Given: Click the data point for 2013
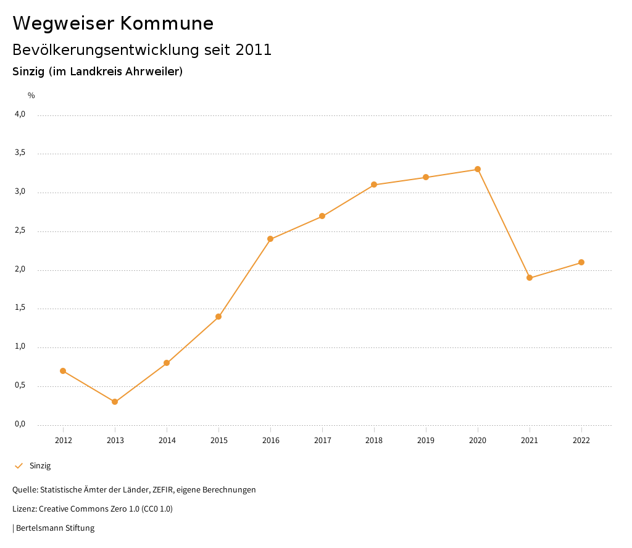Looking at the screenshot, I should (x=115, y=402).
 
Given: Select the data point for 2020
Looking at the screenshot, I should (x=478, y=169).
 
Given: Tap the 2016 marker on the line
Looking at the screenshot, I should (x=270, y=239).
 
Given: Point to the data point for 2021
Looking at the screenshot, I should (x=530, y=278).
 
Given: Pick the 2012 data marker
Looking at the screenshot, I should (x=63, y=371).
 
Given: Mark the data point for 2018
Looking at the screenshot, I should (x=374, y=185).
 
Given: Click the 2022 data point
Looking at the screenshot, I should (x=581, y=262).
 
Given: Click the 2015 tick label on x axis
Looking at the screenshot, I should (x=218, y=441).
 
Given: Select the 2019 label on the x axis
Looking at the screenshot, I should (x=426, y=441).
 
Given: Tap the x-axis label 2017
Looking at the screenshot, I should (x=322, y=441).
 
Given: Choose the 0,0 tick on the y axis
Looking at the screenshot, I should (x=20, y=424).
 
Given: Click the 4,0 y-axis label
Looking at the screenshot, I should (x=20, y=114).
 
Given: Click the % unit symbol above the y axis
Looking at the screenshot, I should (x=31, y=96).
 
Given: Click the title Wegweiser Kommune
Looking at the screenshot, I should (x=113, y=23).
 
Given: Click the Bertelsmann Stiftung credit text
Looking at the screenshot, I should (x=55, y=528).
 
